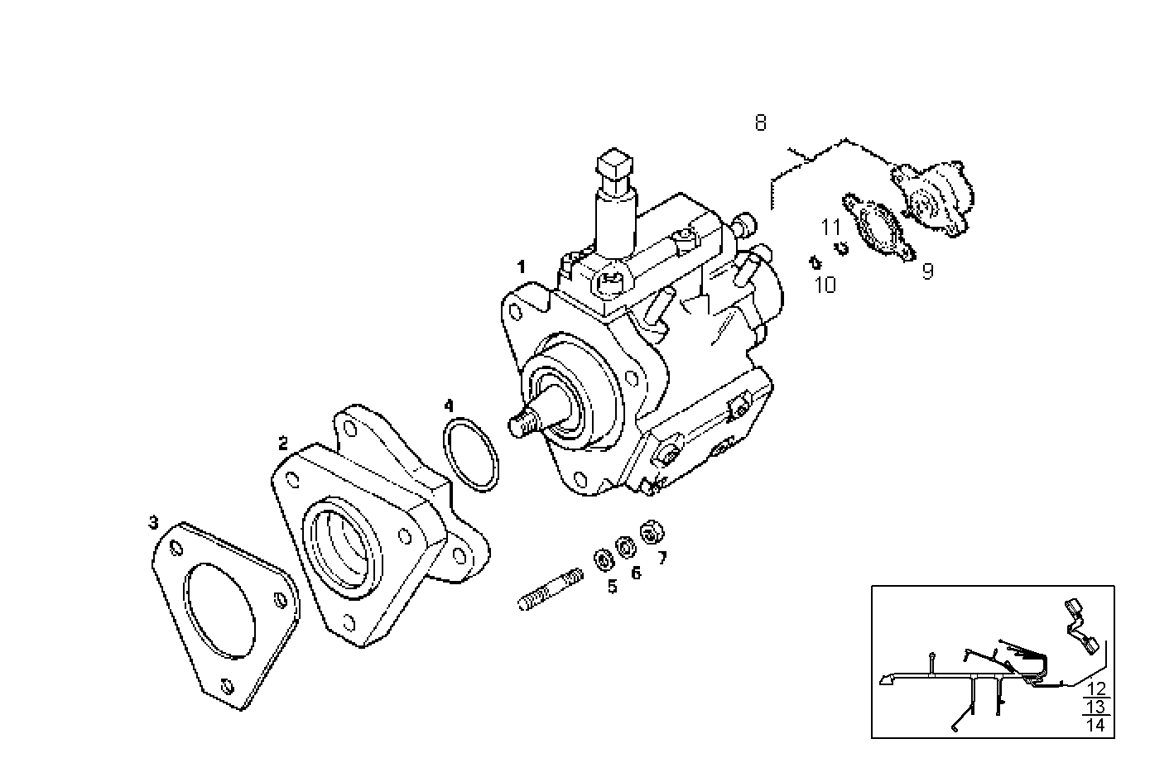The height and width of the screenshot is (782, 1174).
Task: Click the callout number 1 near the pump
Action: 521,266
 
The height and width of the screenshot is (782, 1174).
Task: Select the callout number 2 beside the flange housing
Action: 283,444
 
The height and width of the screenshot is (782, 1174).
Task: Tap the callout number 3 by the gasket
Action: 153,522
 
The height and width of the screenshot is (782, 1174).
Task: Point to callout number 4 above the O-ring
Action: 449,405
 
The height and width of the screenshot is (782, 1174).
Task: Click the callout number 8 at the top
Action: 760,123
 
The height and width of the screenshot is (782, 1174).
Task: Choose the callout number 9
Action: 927,271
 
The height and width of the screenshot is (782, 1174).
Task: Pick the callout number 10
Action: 825,285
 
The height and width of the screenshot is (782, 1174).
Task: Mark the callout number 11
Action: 830,227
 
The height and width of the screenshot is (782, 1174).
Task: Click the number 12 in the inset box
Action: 1096,688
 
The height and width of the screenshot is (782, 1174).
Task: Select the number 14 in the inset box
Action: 1096,725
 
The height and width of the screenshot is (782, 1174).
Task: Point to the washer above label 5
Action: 603,560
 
